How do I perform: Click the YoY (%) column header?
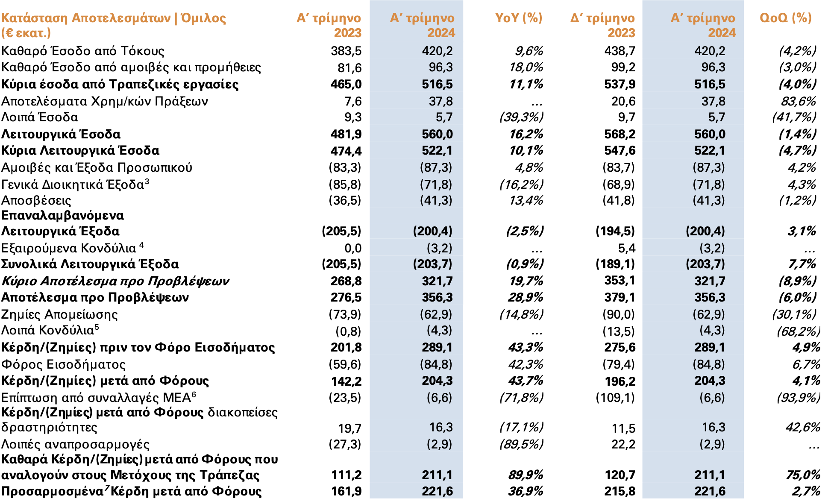tap(518, 18)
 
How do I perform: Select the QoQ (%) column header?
tap(785, 18)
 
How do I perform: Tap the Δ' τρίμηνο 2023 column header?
tap(603, 25)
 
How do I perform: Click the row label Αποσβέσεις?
tap(36, 201)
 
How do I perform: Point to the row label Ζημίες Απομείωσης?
tap(59, 315)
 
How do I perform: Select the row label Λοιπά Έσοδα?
tap(40, 117)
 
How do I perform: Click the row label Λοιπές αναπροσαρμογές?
tap(75, 445)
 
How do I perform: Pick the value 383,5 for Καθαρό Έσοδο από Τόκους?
tap(346, 51)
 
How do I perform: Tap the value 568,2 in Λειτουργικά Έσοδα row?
tap(620, 135)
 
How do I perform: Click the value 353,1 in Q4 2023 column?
tap(620, 281)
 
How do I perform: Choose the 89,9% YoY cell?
tap(526, 475)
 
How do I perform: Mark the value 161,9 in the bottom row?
tap(346, 492)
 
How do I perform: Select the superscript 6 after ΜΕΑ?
tap(194, 394)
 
